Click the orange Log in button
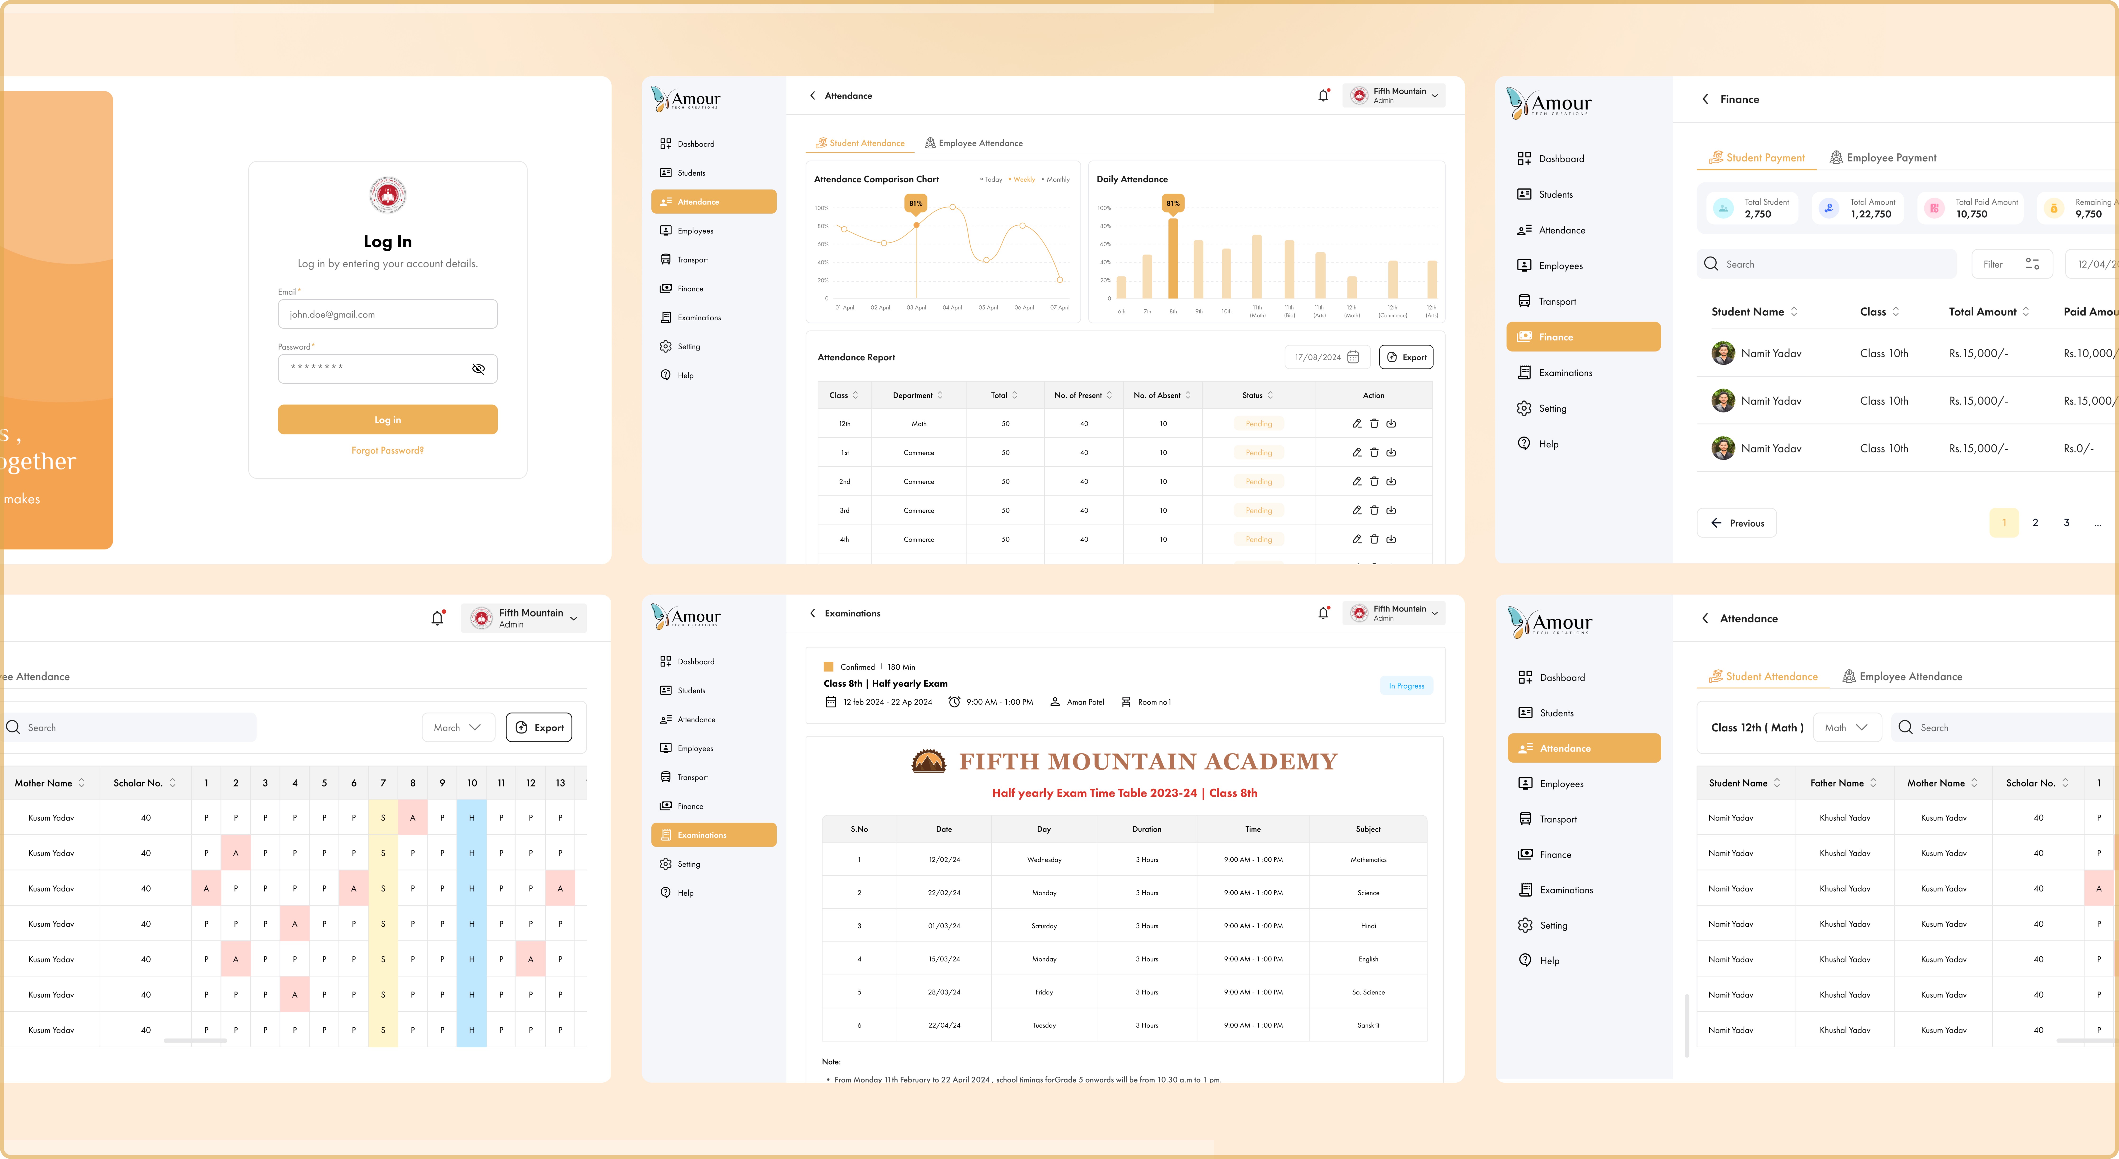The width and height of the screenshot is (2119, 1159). (x=387, y=419)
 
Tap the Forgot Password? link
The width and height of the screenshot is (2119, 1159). (x=387, y=451)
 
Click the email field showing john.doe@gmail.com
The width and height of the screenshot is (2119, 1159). (x=387, y=314)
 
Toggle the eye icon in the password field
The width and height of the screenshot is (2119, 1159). (x=478, y=368)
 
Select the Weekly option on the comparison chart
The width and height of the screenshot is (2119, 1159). (x=1023, y=179)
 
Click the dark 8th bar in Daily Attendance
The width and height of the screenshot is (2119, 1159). (x=1173, y=258)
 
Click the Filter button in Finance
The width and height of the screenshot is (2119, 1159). (x=2011, y=264)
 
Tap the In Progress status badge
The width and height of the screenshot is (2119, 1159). (x=1406, y=686)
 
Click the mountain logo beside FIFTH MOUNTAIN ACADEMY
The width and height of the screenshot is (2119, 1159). (x=929, y=762)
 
